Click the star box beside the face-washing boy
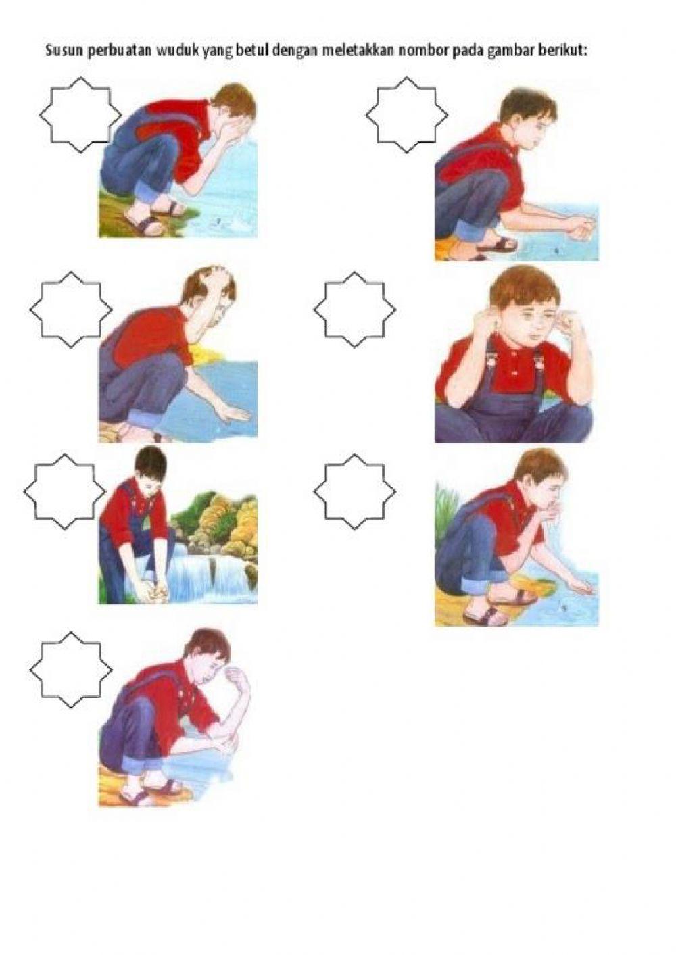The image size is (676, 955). [x=80, y=115]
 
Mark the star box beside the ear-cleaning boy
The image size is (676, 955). [x=355, y=310]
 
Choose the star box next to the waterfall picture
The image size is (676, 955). [x=65, y=491]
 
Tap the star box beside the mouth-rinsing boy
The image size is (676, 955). [x=355, y=491]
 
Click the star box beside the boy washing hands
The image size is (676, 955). [x=407, y=115]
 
